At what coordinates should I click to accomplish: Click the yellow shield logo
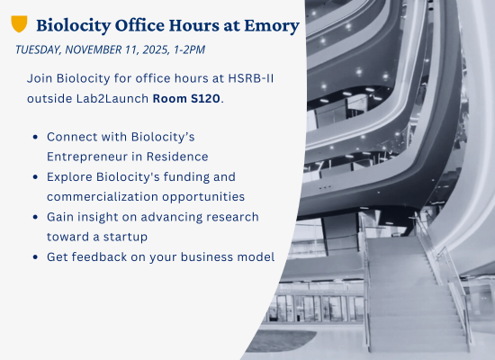19,23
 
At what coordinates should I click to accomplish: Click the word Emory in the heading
272,25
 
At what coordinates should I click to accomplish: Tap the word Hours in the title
193,25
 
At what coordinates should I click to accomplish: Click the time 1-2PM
189,49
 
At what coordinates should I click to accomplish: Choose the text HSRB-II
251,78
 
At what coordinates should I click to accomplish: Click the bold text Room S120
186,98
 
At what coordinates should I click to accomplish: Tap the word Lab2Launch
112,98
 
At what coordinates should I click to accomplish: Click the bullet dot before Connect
35,137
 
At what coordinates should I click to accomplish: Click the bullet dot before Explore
35,177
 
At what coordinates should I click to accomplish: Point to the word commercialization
103,196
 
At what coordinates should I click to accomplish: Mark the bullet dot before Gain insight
35,217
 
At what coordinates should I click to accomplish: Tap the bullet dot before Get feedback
35,257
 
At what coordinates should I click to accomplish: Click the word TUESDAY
38,49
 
